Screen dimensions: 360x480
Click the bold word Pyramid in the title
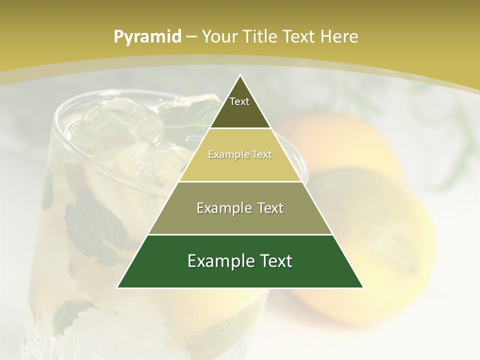coord(147,36)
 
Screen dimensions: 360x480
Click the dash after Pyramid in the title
coord(191,37)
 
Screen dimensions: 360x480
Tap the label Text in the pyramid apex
coord(239,101)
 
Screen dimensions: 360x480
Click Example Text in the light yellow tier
coord(240,154)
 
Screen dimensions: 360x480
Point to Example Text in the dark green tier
coord(240,261)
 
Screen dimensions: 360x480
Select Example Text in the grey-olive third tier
coord(240,208)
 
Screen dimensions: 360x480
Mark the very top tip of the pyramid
coord(240,76)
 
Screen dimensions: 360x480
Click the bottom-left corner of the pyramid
coord(118,287)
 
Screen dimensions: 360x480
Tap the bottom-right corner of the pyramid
coord(362,287)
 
